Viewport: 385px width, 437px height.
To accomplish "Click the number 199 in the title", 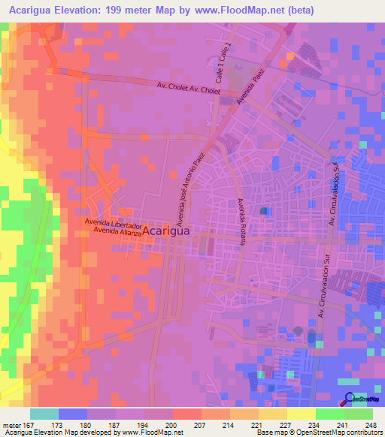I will point(144,10).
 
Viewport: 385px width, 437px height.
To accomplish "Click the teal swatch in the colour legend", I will point(44,414).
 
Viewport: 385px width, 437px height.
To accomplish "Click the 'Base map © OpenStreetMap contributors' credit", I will point(319,432).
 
